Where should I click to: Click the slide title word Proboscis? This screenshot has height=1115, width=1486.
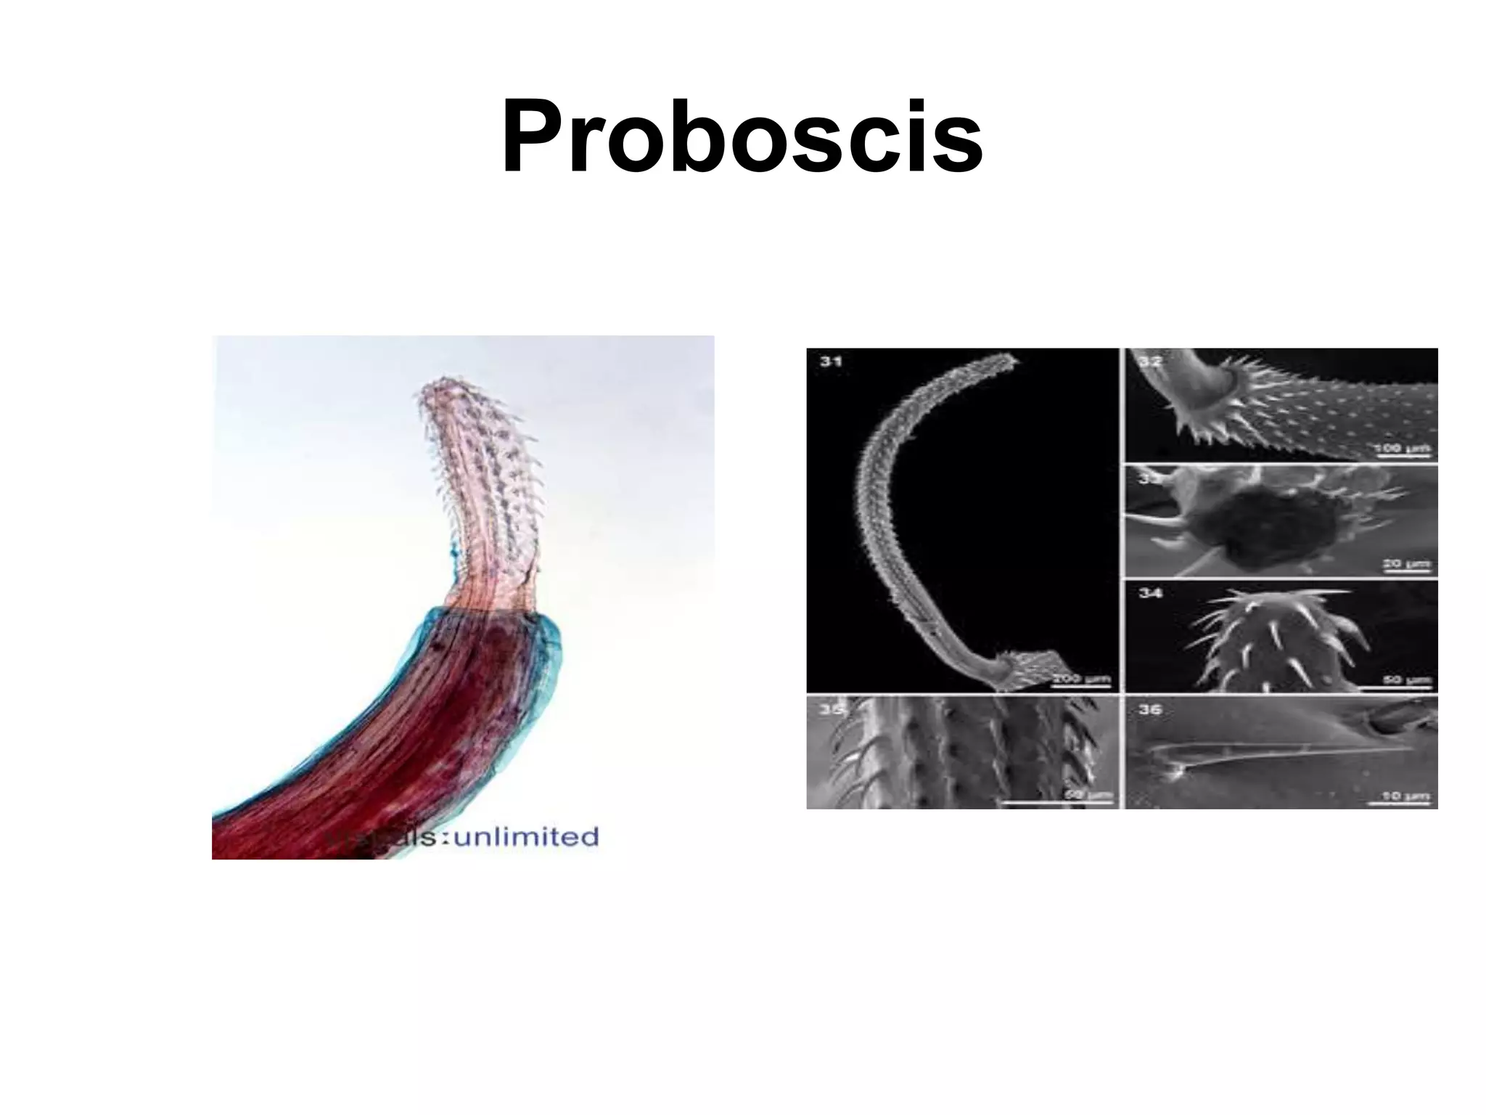(742, 138)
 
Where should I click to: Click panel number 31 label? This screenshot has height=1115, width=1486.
(831, 361)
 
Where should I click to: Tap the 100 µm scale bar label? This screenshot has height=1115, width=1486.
(1403, 448)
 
